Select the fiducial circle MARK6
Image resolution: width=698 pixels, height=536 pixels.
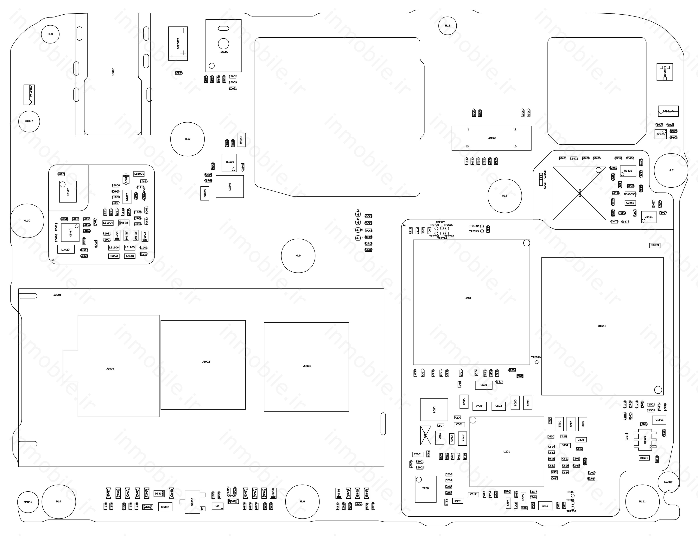click(29, 121)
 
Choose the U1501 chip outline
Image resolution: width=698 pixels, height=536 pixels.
click(602, 326)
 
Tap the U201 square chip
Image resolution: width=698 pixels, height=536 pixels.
click(506, 451)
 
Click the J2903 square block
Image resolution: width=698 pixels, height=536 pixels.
click(306, 367)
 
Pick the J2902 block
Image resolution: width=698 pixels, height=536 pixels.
click(203, 365)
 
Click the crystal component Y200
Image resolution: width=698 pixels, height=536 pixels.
click(425, 489)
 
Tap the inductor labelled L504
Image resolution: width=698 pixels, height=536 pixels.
click(434, 409)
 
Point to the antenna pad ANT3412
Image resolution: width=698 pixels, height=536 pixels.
click(29, 94)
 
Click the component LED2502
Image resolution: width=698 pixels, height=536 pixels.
click(178, 43)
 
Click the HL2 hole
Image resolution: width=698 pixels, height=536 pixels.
click(447, 26)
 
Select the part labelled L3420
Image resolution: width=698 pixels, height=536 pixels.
click(66, 249)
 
